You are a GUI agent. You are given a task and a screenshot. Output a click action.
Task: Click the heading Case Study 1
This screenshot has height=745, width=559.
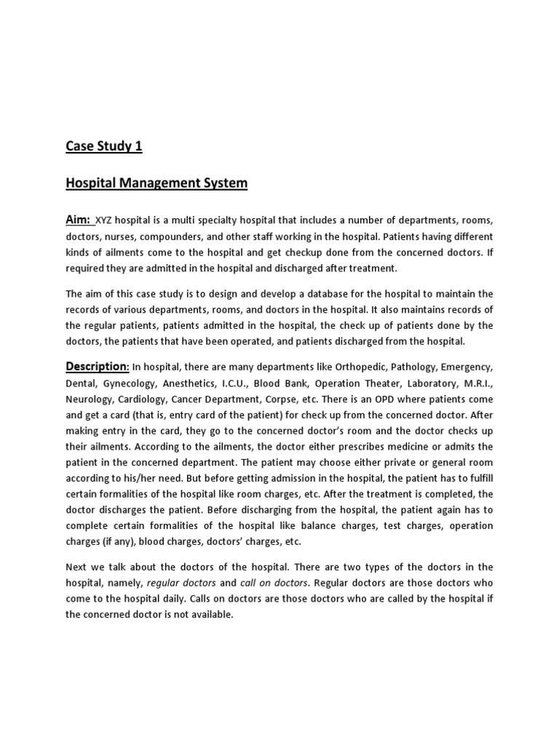104,146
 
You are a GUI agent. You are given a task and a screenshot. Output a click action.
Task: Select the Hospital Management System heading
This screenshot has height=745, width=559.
156,183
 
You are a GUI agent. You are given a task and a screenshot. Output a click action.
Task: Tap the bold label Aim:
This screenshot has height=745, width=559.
79,220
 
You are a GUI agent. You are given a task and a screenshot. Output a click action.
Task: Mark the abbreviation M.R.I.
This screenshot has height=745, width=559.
475,383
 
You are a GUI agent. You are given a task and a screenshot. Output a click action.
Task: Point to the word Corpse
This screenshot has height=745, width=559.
310,399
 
